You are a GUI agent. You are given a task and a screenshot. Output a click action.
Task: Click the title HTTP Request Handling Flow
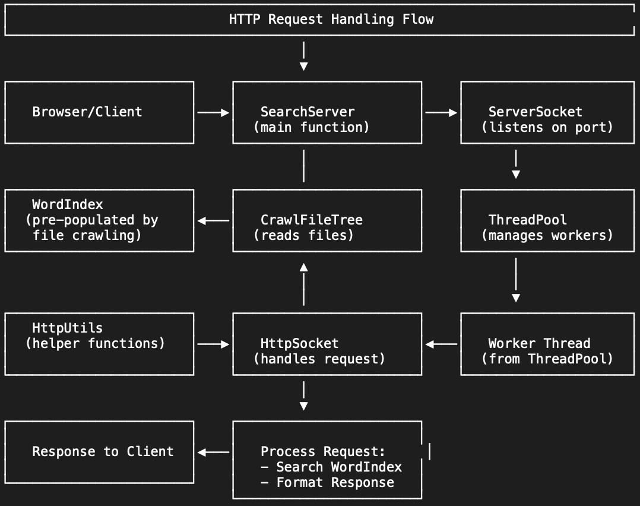pos(331,19)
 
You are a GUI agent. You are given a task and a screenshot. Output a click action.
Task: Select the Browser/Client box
pos(99,112)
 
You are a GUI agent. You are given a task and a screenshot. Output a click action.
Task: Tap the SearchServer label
pos(308,112)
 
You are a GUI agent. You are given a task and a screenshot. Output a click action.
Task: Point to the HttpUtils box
pos(99,344)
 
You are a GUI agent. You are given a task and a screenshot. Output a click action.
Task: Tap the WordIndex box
pos(99,220)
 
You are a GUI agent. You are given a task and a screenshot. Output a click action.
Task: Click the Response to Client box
pos(99,452)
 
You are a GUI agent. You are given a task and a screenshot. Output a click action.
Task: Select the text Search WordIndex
pos(339,467)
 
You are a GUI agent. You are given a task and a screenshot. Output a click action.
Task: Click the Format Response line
pos(335,483)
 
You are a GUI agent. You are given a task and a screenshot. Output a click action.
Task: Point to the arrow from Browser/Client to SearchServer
pos(213,112)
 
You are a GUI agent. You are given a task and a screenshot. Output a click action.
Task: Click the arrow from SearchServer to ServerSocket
pos(441,112)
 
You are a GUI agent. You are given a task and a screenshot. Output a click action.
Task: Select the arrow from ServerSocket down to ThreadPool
pos(516,165)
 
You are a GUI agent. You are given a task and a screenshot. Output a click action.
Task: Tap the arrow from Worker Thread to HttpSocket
pos(441,344)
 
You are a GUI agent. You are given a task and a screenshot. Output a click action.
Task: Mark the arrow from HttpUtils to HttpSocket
pos(213,344)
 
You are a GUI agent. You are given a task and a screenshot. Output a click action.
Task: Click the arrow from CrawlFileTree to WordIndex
pos(213,220)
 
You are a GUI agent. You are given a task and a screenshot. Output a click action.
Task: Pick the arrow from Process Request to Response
pos(213,452)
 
